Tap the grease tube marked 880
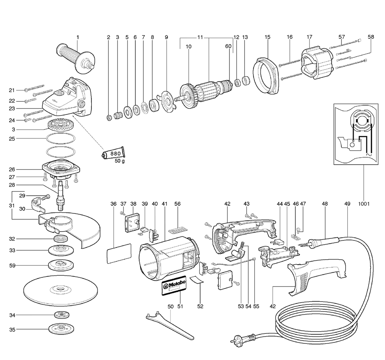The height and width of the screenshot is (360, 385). point(113,153)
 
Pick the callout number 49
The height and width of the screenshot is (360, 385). point(348,203)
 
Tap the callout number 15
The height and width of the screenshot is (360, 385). point(268,37)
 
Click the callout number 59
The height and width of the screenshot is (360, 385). point(12,265)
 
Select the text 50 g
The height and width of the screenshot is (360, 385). point(119,161)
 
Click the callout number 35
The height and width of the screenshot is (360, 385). point(12,329)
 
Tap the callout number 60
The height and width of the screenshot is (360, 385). point(228,46)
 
